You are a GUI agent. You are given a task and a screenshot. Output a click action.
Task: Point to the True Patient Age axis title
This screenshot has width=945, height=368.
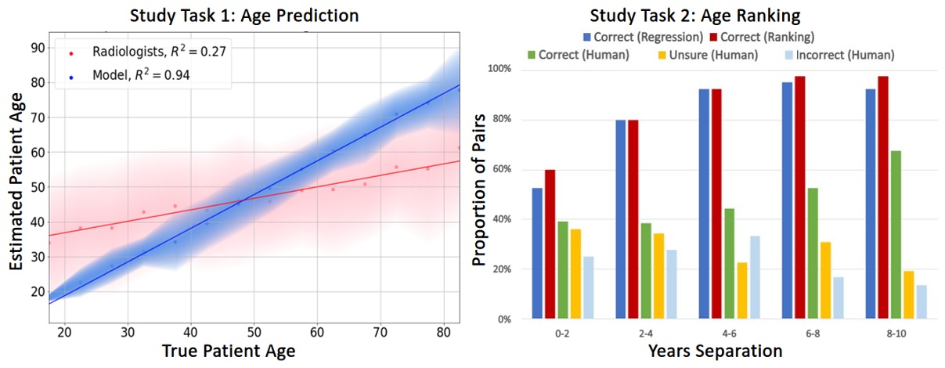pos(230,351)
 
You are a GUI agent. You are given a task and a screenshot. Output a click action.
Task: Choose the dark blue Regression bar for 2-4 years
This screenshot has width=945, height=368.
pos(620,219)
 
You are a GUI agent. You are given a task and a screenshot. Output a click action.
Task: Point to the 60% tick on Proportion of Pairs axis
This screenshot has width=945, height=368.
pos(498,169)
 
